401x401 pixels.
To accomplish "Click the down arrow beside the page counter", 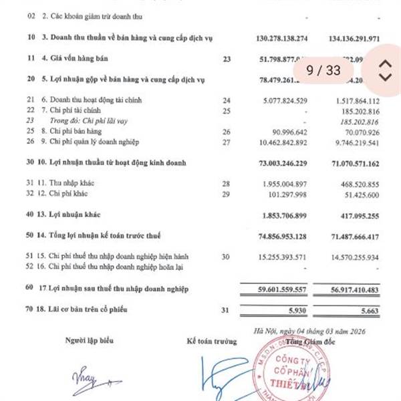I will click(384, 77).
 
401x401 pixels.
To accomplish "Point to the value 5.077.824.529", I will click(288, 101).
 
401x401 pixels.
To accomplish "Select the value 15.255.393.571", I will click(288, 257).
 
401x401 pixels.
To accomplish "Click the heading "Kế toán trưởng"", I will click(212, 341).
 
